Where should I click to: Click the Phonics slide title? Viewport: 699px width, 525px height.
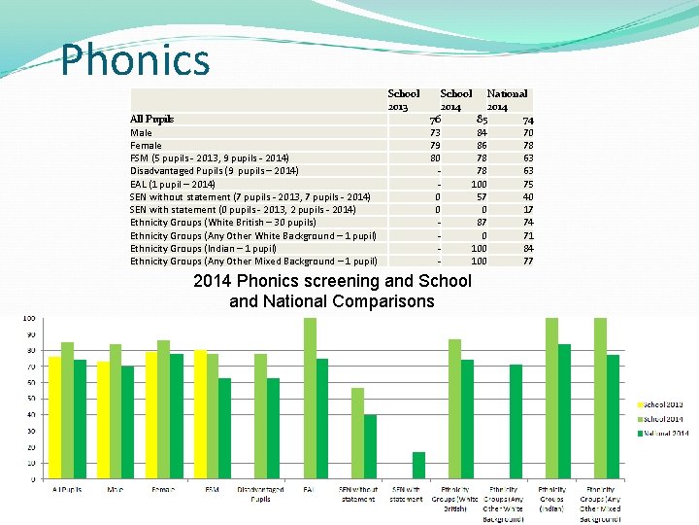tap(135, 59)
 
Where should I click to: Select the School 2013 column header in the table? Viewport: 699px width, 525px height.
tap(404, 99)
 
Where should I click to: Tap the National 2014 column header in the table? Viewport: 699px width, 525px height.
tap(507, 99)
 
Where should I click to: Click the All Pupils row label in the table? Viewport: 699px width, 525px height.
tap(151, 119)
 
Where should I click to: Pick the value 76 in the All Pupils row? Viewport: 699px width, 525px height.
tap(436, 119)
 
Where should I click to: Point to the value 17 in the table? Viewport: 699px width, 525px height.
tap(528, 209)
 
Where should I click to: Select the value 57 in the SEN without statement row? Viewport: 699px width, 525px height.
tap(481, 196)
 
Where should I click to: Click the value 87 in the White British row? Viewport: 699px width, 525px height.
tap(481, 223)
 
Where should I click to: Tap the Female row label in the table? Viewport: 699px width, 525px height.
tap(146, 145)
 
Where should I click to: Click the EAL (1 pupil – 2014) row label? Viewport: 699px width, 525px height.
tap(173, 184)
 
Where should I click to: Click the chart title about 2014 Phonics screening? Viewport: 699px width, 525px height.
tap(332, 291)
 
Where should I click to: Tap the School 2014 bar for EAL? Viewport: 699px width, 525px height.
tap(310, 399)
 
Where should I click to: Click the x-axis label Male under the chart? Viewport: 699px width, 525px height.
tap(115, 489)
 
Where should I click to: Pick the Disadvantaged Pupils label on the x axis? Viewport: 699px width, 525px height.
tap(260, 494)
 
